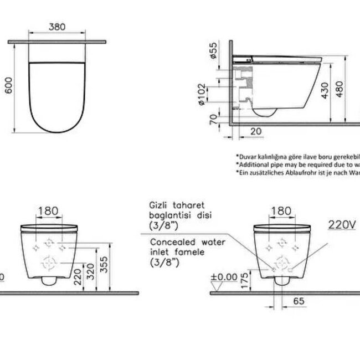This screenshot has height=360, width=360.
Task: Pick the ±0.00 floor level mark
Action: click(224, 275)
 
